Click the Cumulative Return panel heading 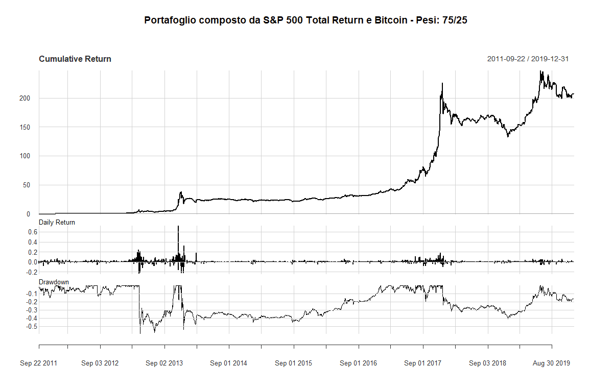coord(75,59)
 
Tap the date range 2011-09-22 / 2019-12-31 coord(528,59)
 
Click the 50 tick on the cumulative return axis coord(31,185)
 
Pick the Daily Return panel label coord(57,222)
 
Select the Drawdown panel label coord(54,282)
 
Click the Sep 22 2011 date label coord(39,363)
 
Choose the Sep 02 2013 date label coord(164,363)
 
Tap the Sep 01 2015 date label coord(293,363)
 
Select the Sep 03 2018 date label coord(487,363)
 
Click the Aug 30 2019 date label coord(552,363)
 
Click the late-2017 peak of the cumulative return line coord(442,84)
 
